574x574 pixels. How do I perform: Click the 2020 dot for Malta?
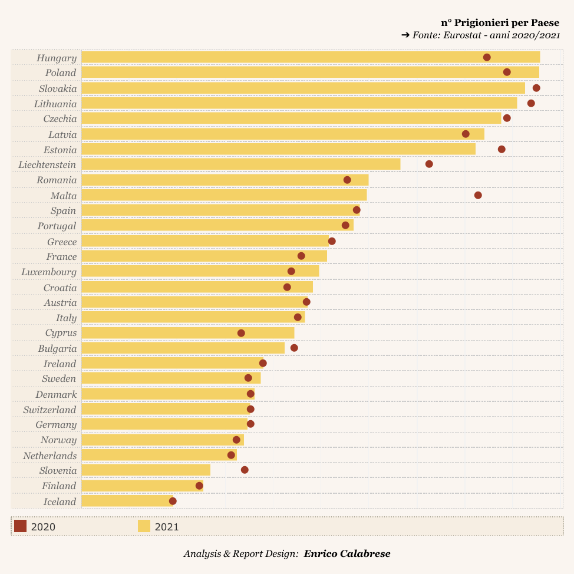point(478,195)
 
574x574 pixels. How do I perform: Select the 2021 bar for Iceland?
point(127,501)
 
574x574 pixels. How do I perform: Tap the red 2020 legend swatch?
point(20,526)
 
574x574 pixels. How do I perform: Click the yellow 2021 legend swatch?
point(144,526)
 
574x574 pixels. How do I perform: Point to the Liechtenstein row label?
point(47,164)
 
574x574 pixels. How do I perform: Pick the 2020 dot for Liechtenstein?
point(429,164)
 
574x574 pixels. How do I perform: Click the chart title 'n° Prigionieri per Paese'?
point(500,22)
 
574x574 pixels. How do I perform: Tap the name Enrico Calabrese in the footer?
point(347,553)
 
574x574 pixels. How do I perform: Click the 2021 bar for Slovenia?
point(146,470)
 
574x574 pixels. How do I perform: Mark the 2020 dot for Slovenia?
point(245,470)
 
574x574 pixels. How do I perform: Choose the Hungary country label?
point(57,58)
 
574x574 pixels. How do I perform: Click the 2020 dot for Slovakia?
point(536,88)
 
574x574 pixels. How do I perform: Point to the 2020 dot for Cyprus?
point(241,333)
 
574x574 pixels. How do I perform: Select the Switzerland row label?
point(50,410)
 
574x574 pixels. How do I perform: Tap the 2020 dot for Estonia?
point(502,149)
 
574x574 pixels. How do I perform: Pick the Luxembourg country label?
point(49,272)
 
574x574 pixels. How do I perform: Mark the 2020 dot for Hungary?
point(487,57)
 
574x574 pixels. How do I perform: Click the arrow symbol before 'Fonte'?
point(405,35)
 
